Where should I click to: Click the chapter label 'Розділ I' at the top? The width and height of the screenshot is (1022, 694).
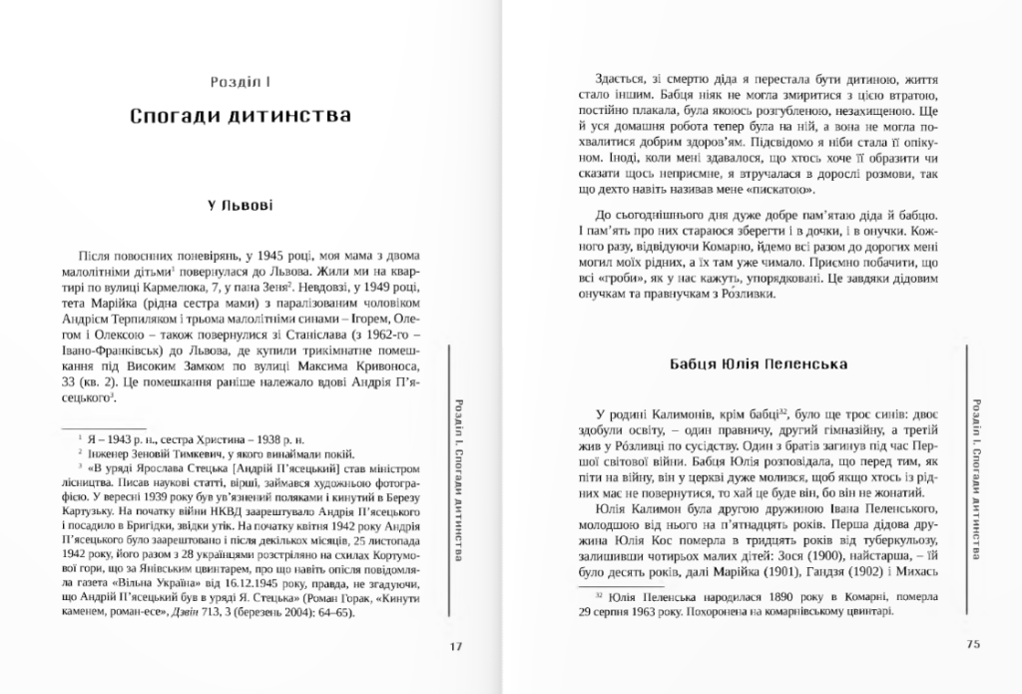tap(241, 78)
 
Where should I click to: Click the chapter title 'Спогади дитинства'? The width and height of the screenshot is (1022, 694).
tap(241, 116)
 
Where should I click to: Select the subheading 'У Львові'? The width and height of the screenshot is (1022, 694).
tap(241, 207)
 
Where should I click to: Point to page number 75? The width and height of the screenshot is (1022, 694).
tap(974, 645)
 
